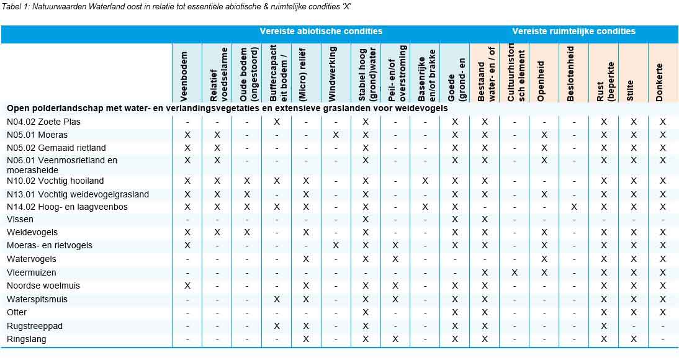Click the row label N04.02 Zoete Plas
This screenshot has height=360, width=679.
tap(43, 122)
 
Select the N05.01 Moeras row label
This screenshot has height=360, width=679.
tap(37, 135)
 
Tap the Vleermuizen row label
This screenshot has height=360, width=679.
tap(32, 272)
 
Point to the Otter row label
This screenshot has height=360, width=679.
tap(17, 312)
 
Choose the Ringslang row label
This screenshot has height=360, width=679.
tap(27, 339)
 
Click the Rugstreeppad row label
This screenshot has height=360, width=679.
tap(35, 326)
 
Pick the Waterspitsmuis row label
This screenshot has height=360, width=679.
tap(37, 299)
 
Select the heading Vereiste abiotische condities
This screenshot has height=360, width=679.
tap(321, 31)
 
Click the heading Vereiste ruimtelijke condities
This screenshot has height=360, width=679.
tap(574, 31)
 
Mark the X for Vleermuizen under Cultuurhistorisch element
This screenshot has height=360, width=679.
tap(515, 272)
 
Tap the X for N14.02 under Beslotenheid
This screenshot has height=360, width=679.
tap(574, 207)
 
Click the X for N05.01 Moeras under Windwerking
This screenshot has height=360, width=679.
tap(336, 135)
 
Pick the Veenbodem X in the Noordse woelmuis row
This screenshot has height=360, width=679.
tap(187, 286)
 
